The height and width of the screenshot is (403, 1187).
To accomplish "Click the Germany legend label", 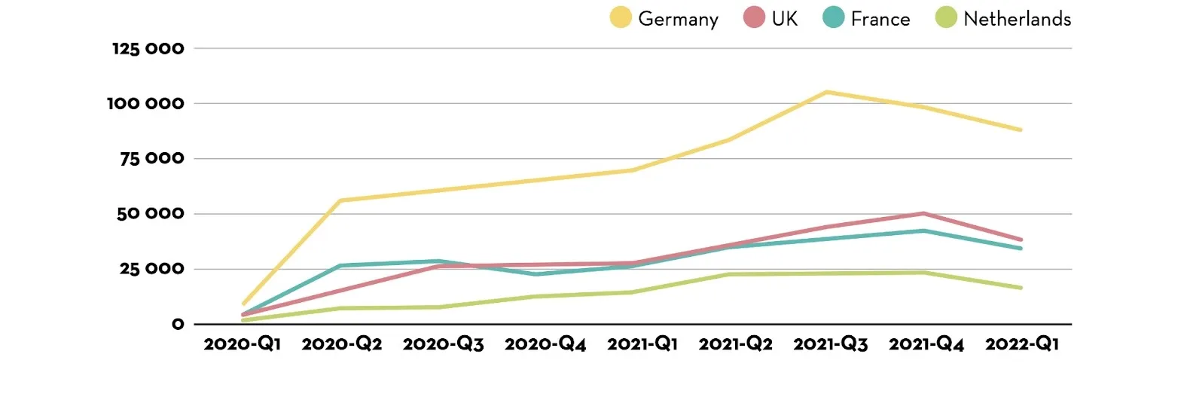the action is (679, 19).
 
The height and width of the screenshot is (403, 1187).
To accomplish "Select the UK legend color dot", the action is (754, 17).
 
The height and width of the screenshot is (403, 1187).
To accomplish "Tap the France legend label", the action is (880, 19).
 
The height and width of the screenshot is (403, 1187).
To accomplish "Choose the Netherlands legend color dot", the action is (947, 17).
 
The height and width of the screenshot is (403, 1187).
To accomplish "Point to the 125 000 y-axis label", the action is (148, 49).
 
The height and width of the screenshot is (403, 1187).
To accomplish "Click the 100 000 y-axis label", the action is (145, 103).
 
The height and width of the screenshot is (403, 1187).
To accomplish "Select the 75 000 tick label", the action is (152, 158).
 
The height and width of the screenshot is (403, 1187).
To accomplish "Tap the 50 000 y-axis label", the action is (151, 214).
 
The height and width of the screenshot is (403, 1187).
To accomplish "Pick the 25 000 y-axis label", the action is (152, 269).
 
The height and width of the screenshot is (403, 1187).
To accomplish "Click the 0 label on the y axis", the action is (178, 324).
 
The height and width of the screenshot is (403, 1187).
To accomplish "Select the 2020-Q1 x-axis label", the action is (243, 344).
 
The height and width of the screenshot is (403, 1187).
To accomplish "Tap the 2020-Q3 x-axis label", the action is (444, 344).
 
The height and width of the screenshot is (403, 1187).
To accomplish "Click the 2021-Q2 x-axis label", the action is (736, 344).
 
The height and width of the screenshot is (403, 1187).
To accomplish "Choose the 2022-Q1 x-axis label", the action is (1021, 344).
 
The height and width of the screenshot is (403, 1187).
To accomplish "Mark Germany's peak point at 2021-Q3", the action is (826, 92).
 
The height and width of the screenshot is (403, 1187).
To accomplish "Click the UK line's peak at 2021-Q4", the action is (923, 214).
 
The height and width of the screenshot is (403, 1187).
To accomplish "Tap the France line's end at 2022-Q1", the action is (1021, 248).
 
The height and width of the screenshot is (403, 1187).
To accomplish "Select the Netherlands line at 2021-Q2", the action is (729, 274).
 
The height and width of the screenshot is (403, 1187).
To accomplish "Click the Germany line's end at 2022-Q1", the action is (1021, 130).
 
